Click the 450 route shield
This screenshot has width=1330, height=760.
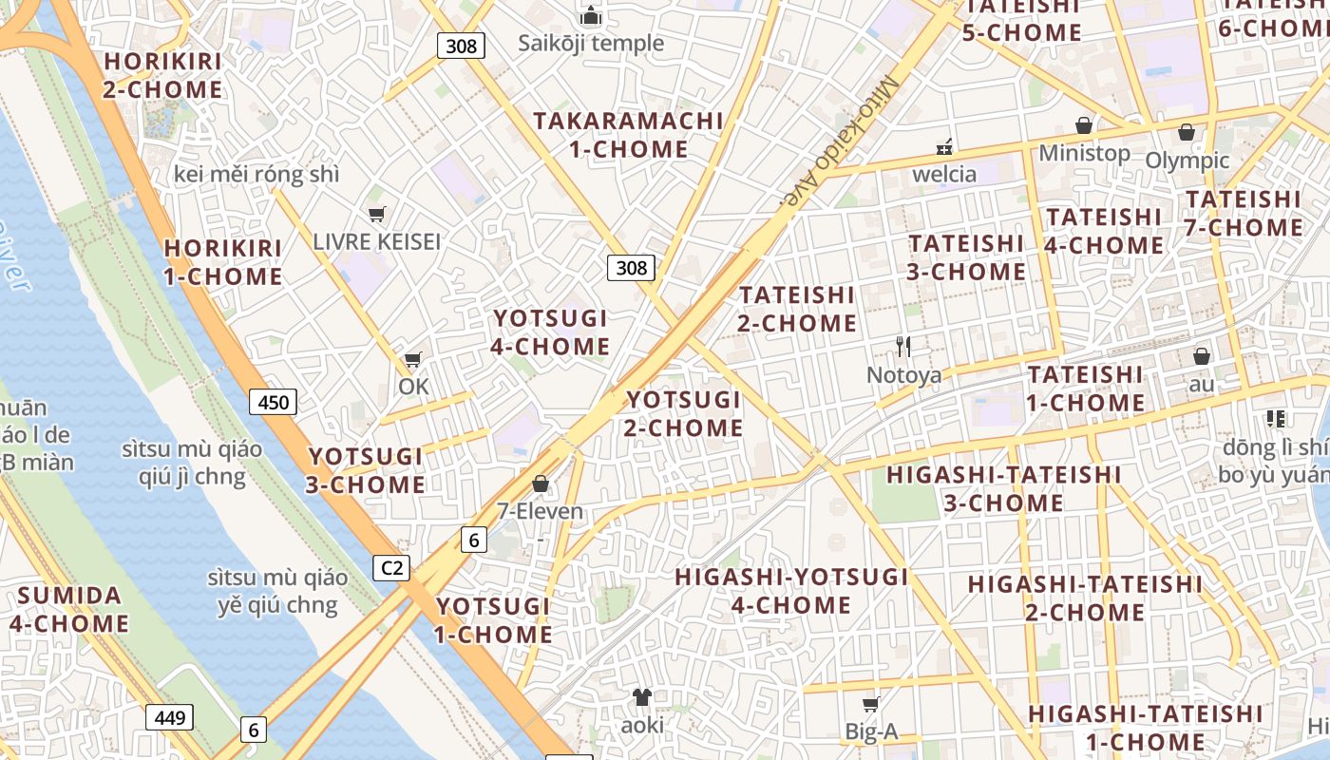[274, 402]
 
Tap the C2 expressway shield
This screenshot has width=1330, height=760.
[390, 568]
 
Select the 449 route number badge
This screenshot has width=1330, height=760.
[170, 716]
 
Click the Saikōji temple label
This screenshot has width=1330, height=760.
[591, 43]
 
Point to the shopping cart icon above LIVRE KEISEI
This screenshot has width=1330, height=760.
[377, 214]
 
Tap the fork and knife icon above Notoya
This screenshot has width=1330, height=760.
[903, 347]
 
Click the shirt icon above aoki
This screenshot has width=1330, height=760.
[642, 697]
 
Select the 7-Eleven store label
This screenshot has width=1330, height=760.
[540, 511]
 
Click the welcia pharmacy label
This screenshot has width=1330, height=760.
[944, 174]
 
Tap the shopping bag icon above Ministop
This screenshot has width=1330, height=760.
[1084, 125]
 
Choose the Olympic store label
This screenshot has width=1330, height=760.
[1187, 161]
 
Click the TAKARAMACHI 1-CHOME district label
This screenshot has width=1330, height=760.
[628, 135]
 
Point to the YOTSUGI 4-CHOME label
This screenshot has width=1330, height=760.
[550, 332]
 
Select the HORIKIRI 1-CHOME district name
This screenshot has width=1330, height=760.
[223, 262]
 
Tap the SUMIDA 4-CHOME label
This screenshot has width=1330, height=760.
[69, 610]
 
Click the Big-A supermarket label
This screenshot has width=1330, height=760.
[871, 731]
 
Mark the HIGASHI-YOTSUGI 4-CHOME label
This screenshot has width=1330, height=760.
[791, 591]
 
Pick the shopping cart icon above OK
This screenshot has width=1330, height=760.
[413, 360]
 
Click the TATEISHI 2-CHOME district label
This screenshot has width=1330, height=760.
[797, 309]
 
